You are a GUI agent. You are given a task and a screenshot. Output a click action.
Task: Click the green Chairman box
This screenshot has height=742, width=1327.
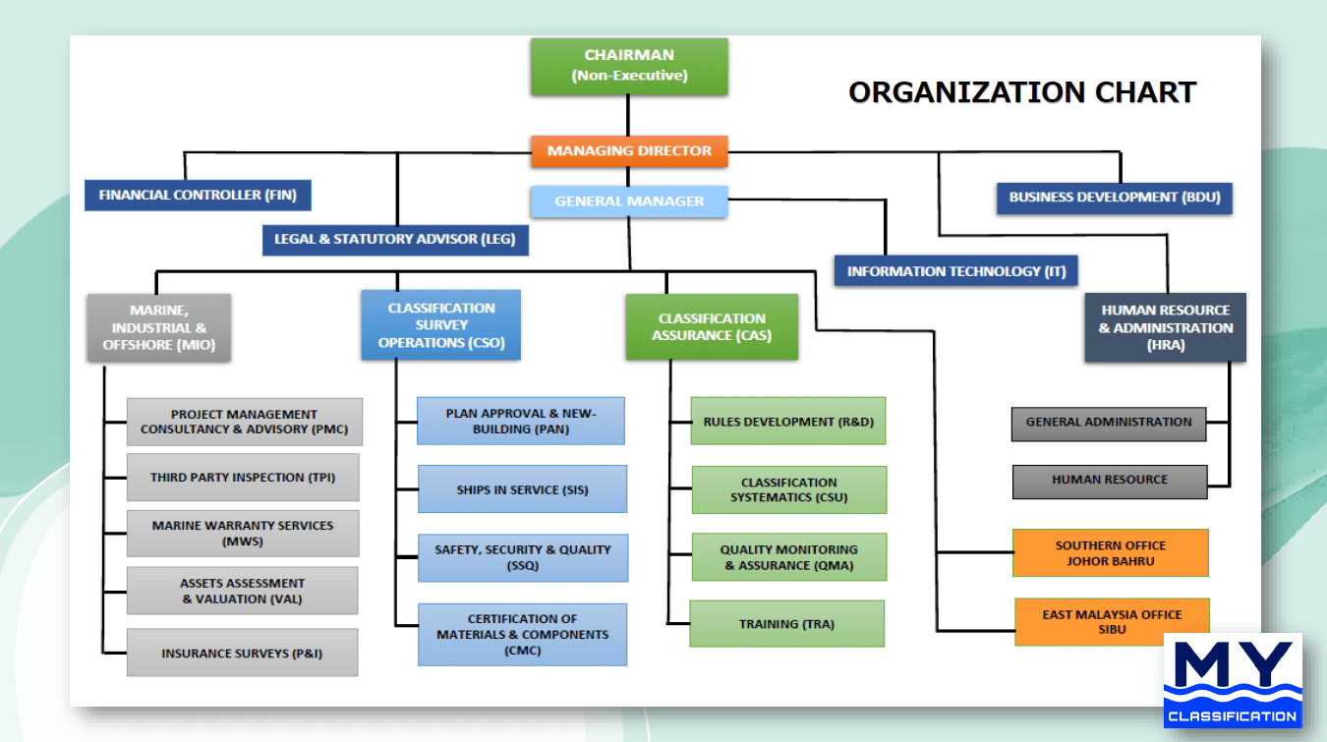[629, 66]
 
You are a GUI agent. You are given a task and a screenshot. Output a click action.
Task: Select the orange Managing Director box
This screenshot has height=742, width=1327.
[629, 151]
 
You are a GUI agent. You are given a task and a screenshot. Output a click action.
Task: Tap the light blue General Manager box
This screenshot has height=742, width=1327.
[629, 201]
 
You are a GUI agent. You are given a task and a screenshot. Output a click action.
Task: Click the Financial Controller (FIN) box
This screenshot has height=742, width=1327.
[198, 195]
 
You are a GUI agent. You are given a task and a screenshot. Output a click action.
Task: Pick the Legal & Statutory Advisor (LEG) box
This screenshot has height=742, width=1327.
[395, 239]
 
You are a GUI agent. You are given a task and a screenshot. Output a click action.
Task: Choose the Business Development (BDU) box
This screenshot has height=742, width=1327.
[1114, 198]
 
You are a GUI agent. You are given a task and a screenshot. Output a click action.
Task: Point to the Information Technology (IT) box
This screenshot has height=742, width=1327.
[955, 271]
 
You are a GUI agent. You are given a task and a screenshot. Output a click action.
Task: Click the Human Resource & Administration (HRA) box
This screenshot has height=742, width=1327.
[1165, 327]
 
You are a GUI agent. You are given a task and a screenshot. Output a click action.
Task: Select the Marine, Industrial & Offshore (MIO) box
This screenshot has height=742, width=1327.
[158, 327]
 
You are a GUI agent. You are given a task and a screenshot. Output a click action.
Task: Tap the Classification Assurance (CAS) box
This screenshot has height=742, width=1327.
[712, 326]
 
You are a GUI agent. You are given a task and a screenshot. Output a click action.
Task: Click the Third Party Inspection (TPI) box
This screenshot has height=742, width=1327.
[243, 478]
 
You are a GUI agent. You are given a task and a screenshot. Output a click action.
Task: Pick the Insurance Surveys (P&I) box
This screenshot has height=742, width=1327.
[242, 653]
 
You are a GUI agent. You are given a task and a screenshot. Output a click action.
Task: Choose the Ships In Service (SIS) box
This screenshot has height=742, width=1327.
[522, 489]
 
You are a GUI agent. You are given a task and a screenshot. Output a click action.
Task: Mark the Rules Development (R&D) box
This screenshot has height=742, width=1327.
[787, 422]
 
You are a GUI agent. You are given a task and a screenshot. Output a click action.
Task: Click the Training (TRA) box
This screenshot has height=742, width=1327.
[786, 624]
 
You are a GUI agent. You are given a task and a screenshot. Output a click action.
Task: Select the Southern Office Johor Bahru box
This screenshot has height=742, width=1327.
[1110, 552]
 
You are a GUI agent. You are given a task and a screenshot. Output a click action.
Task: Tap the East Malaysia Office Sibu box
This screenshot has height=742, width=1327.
[1112, 622]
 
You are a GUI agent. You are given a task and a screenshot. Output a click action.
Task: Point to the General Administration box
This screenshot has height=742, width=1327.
[1108, 423]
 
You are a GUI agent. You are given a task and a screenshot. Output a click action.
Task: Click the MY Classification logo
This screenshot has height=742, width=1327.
[1234, 680]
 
